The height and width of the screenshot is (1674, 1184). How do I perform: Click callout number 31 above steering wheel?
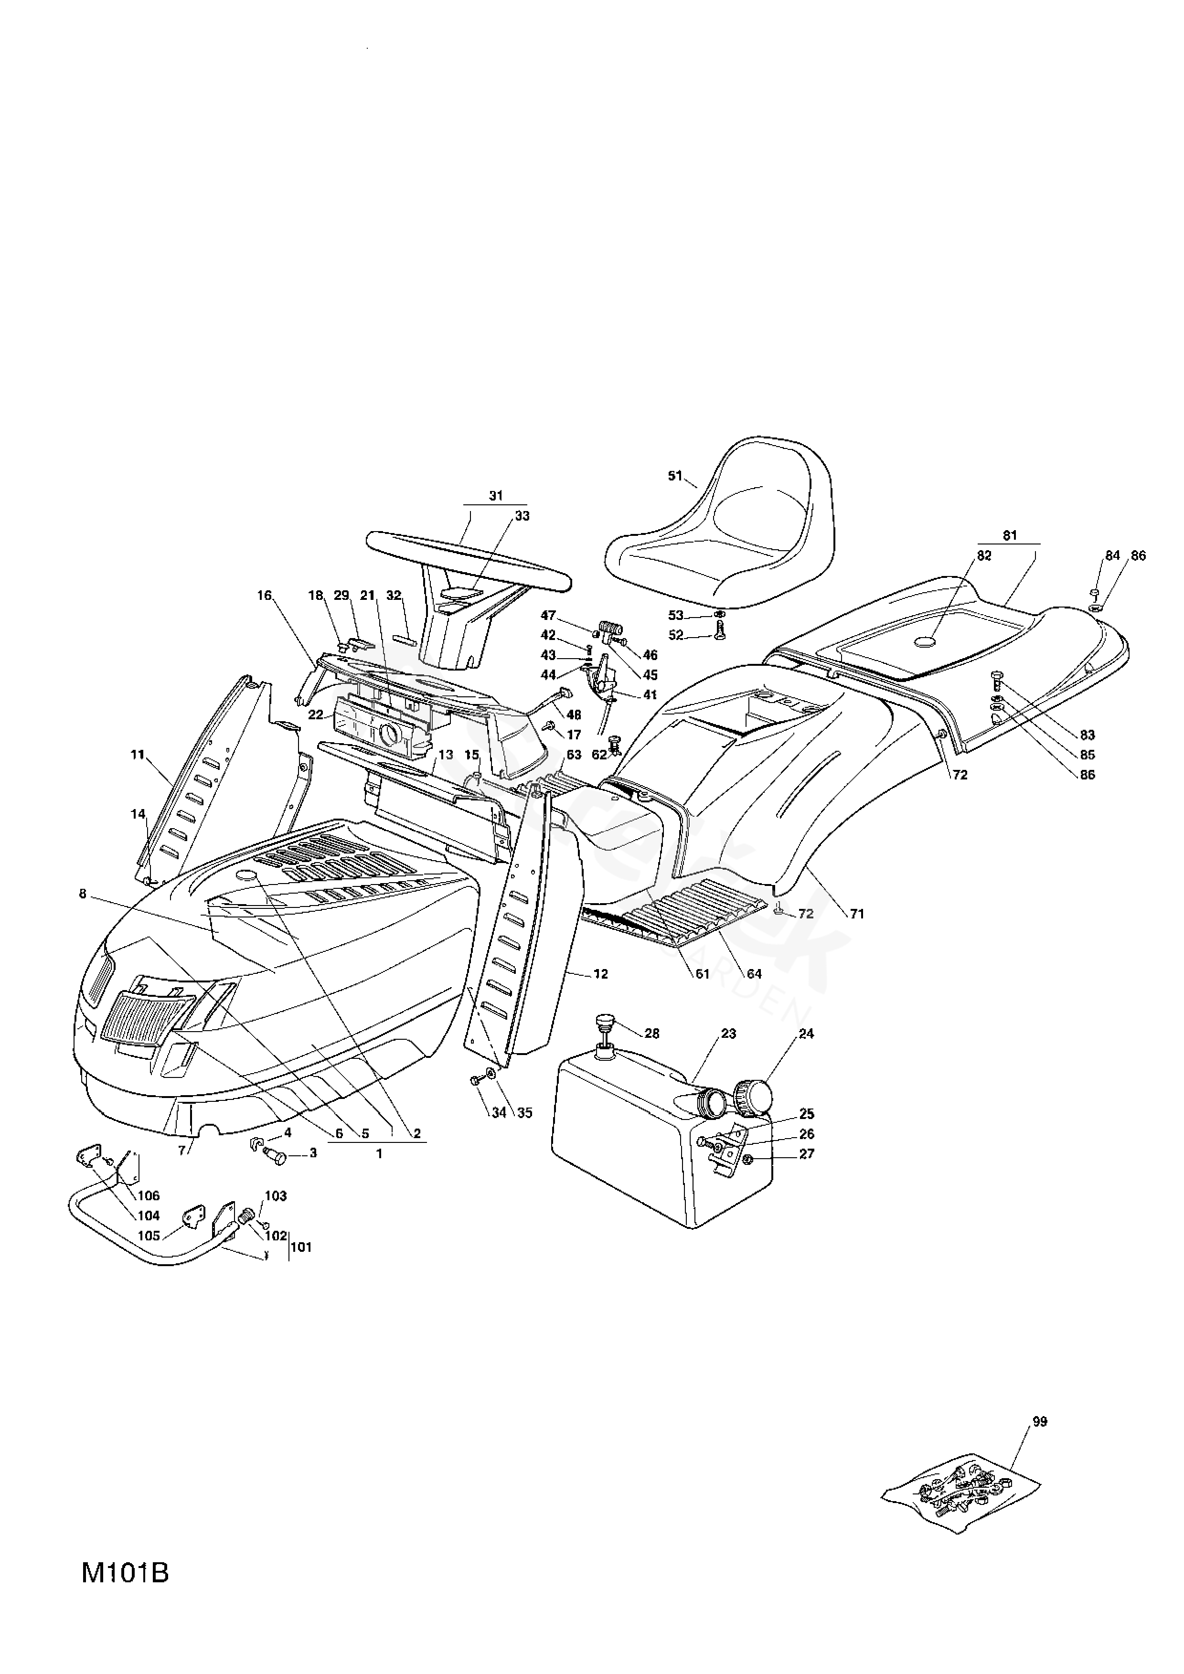(x=496, y=496)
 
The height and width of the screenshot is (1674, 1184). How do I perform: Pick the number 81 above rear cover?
(x=1009, y=536)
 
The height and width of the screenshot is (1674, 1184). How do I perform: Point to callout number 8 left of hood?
(x=82, y=894)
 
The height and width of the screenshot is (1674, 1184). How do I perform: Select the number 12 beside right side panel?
(x=600, y=974)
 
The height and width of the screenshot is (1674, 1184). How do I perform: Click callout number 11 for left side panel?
(x=138, y=755)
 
